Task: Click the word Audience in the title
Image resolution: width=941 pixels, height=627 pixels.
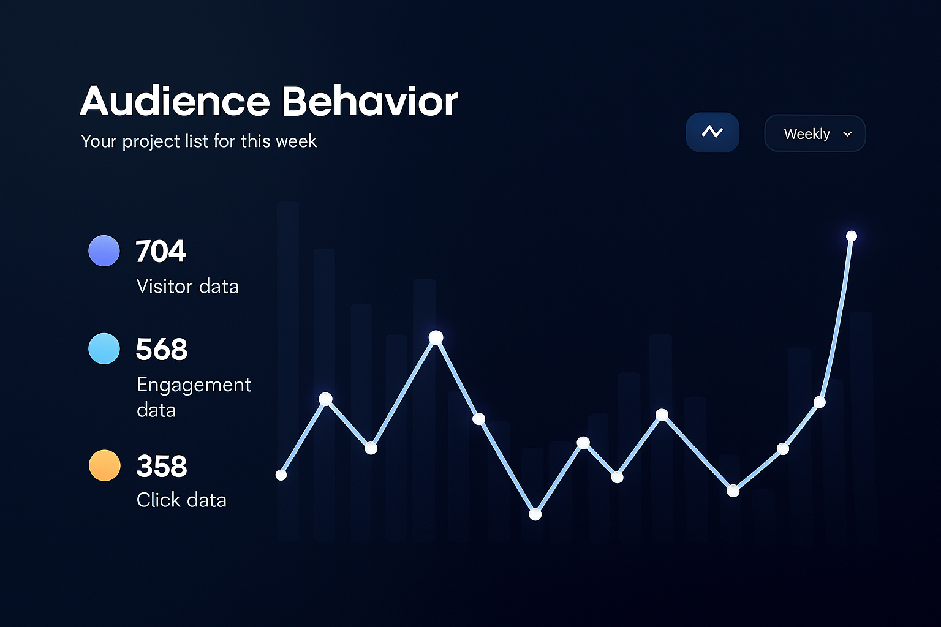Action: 175,101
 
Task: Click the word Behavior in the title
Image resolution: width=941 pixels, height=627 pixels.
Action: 369,101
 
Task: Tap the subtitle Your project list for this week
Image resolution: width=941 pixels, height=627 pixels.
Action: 198,141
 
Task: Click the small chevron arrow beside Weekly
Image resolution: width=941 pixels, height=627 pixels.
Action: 847,133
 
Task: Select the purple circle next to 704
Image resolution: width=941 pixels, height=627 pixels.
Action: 104,250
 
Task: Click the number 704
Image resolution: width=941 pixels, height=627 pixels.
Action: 161,251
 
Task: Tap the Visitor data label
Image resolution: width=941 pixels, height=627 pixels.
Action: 187,286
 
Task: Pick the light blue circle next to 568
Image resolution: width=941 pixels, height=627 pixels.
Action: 104,348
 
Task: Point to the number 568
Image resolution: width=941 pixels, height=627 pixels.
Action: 162,349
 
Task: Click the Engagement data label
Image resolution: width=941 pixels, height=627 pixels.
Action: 194,397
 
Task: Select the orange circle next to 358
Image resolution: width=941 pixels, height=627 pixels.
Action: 104,465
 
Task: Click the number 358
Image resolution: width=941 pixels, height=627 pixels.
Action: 162,466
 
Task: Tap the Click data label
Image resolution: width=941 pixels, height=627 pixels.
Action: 181,500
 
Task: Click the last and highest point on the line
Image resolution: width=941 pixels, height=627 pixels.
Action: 851,236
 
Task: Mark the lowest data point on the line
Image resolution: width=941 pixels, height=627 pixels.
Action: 535,514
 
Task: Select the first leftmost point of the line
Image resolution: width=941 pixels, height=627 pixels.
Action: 281,475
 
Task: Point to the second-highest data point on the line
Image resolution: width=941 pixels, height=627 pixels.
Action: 436,337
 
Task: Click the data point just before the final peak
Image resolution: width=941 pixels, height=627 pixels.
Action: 820,402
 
